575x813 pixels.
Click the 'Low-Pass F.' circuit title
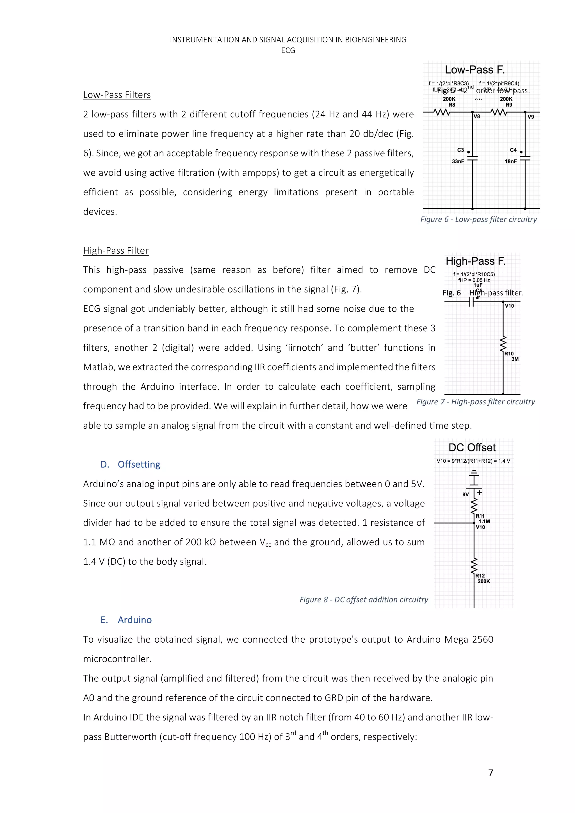click(474, 70)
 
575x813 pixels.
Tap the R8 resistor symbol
click(442, 112)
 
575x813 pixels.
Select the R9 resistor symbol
click(499, 112)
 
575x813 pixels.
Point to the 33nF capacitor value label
click(458, 161)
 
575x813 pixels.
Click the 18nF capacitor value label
click(510, 161)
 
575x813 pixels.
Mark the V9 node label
click(530, 117)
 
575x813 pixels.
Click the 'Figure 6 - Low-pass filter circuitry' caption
click(478, 219)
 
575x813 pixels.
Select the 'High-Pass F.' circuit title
click(476, 261)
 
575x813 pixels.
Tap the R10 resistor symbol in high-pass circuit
click(503, 344)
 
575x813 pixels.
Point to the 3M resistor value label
click(515, 359)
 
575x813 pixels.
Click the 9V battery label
click(466, 494)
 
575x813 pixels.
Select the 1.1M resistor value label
click(484, 522)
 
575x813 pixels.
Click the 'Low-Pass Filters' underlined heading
click(117, 95)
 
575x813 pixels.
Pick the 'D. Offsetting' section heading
click(130, 464)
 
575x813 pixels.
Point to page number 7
click(490, 773)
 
